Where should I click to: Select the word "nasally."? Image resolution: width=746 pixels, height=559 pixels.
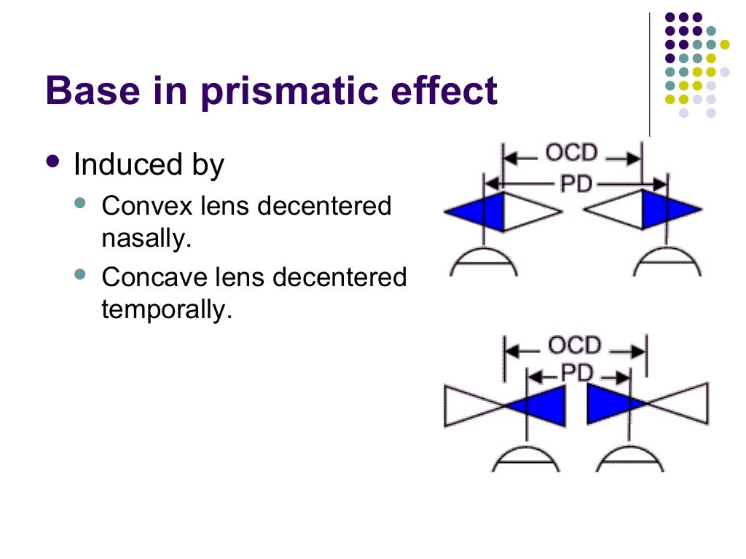146,239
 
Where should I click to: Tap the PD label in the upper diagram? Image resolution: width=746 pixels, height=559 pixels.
576,185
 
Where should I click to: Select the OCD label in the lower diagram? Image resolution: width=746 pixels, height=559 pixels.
575,346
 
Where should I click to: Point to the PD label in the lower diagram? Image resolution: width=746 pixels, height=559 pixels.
578,374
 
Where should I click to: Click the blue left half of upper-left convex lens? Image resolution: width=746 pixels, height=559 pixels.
478,211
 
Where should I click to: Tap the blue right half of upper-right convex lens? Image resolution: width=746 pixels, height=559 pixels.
667,210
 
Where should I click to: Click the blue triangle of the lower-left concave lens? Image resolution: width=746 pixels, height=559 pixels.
543,405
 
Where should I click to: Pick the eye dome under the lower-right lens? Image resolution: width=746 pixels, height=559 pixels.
629,459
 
